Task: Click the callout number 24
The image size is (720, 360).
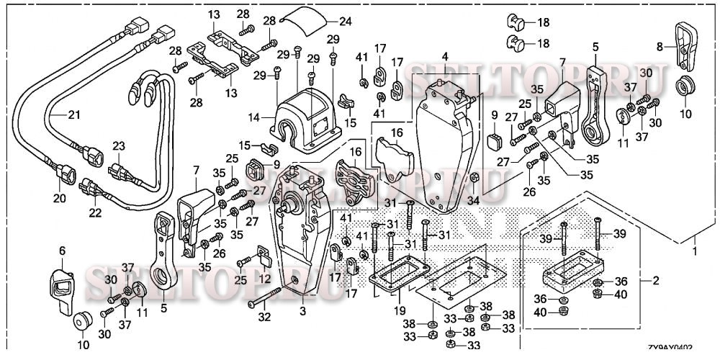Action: (346, 21)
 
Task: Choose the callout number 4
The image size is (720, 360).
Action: (445, 56)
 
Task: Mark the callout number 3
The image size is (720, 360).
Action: (303, 311)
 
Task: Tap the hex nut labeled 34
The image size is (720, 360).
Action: (474, 177)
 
